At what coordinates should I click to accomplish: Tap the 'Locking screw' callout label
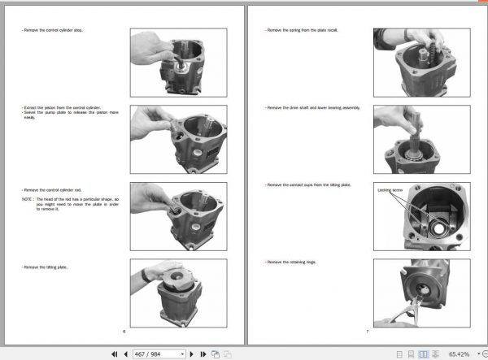coord(390,190)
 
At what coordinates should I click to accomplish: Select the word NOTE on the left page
coord(28,198)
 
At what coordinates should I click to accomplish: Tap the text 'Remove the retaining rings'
coord(290,262)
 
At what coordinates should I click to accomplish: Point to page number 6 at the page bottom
coord(124,332)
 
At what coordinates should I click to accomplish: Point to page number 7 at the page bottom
coord(367,332)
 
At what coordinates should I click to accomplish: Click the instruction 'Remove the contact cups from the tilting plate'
coord(308,185)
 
